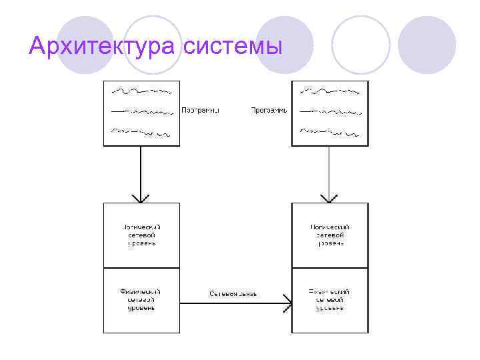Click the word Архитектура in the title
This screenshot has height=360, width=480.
(101, 47)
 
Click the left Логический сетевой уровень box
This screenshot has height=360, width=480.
(141, 235)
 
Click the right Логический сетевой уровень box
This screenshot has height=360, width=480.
(330, 235)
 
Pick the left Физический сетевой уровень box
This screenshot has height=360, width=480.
(141, 300)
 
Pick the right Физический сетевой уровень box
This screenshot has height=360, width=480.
(330, 300)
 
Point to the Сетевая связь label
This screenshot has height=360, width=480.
(233, 293)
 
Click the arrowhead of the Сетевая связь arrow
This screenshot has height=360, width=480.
(287, 304)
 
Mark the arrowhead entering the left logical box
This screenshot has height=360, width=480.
(141, 198)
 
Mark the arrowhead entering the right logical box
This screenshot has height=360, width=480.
(329, 198)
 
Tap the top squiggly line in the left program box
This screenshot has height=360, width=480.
(141, 90)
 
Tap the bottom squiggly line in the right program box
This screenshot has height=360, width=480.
(330, 133)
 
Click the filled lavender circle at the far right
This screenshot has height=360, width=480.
(427, 45)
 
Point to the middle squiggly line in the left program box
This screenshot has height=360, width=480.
(141, 111)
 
